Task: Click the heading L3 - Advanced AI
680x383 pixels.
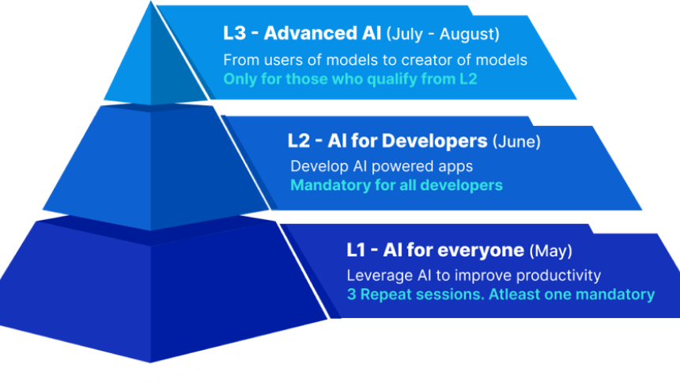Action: (x=302, y=33)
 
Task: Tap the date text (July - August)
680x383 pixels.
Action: (x=443, y=34)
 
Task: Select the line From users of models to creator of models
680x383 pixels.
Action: (x=375, y=60)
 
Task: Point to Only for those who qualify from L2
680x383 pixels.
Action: (x=350, y=79)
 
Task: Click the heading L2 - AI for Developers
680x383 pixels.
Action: (x=387, y=141)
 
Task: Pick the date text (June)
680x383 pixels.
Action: (x=516, y=142)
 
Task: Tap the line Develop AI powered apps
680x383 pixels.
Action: (x=382, y=166)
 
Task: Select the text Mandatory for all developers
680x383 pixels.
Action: (x=396, y=185)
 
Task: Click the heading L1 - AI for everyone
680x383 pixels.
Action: (x=436, y=250)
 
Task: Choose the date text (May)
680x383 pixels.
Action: (x=551, y=251)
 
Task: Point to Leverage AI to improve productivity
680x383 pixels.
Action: (x=474, y=275)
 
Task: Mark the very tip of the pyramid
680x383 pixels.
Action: (x=151, y=2)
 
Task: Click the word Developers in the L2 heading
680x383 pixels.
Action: (x=435, y=141)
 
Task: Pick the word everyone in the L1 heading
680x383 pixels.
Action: (x=481, y=250)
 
